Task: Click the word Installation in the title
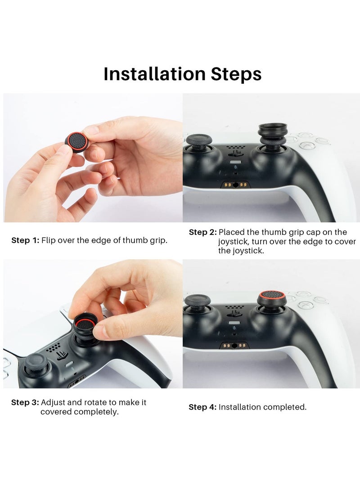coord(154,74)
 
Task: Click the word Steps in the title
coord(236,74)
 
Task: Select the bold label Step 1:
coord(25,240)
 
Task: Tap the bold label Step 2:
coord(203,232)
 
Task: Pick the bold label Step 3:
coord(25,402)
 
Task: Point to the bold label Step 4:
coord(202,407)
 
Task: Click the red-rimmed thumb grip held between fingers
coord(76,142)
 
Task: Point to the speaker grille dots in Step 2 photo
coord(235,147)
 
